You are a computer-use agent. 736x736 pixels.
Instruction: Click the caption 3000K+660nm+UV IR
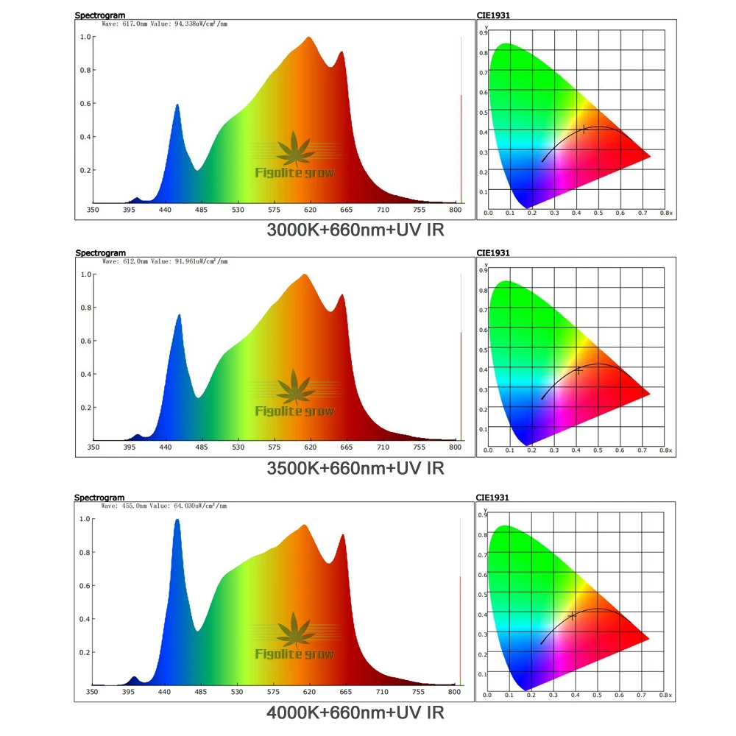pyautogui.click(x=355, y=230)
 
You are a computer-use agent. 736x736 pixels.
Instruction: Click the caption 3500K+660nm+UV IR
pyautogui.click(x=355, y=467)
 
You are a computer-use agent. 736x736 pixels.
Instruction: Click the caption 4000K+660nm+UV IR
pyautogui.click(x=355, y=712)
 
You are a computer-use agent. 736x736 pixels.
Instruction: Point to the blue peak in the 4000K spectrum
pyautogui.click(x=177, y=521)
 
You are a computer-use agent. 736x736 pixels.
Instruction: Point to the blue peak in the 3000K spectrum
pyautogui.click(x=177, y=106)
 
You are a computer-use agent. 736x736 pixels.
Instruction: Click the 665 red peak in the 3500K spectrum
pyautogui.click(x=342, y=296)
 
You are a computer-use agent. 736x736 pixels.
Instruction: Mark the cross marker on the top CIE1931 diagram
pyautogui.click(x=584, y=129)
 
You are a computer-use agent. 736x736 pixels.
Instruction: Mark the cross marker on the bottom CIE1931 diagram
pyautogui.click(x=572, y=615)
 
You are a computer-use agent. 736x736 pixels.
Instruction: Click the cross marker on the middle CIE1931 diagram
pyautogui.click(x=578, y=370)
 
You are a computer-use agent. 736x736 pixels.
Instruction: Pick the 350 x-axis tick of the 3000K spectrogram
pyautogui.click(x=93, y=210)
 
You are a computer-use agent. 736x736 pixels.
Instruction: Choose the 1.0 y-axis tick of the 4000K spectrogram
pyautogui.click(x=86, y=519)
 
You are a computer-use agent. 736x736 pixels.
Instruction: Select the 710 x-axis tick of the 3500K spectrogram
pyautogui.click(x=383, y=447)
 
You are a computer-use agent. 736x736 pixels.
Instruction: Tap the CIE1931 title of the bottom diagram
pyautogui.click(x=492, y=498)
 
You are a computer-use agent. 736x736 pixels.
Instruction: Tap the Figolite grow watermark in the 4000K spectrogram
pyautogui.click(x=294, y=654)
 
